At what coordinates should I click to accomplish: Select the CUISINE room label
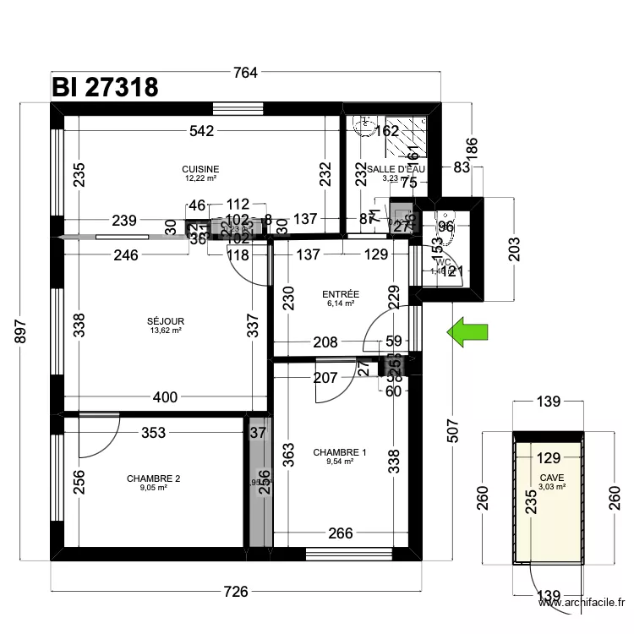[x=200, y=169]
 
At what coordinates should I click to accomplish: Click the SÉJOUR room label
[x=166, y=321]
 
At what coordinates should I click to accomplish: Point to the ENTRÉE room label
[x=341, y=294]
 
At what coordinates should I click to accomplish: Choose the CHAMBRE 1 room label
[x=340, y=453]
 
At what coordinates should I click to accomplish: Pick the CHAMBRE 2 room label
[x=154, y=478]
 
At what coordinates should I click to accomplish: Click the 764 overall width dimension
[x=244, y=73]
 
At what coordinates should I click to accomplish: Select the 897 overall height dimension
[x=23, y=331]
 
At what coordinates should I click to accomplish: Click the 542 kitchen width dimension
[x=201, y=131]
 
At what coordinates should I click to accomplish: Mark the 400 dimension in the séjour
[x=166, y=396]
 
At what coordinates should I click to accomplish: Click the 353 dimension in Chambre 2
[x=153, y=433]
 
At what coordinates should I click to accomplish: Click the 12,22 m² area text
[x=200, y=178]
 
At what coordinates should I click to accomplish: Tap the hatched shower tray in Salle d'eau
[x=407, y=135]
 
